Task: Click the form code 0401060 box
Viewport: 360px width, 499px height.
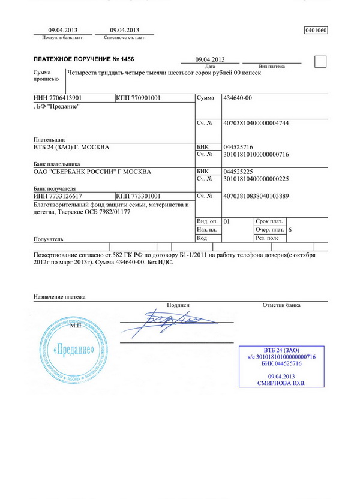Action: click(x=317, y=29)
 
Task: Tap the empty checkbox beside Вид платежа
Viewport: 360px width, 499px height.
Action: click(x=321, y=61)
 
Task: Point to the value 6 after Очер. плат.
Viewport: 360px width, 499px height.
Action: click(x=290, y=230)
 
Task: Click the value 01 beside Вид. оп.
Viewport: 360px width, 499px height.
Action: click(x=226, y=221)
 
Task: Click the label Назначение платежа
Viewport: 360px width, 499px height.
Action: click(x=59, y=297)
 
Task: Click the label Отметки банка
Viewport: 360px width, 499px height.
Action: click(x=281, y=305)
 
